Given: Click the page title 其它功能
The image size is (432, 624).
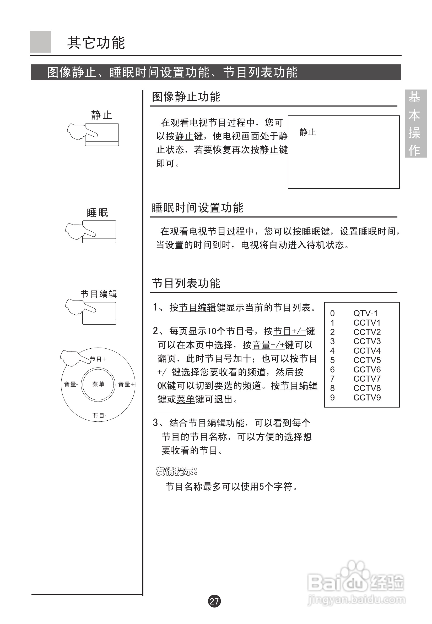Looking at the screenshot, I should pos(96,43).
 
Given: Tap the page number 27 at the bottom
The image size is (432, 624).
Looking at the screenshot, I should pos(214,601).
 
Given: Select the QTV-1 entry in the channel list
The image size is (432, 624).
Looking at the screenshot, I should pos(365,313).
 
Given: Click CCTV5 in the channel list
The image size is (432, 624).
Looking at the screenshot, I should pos(367,360).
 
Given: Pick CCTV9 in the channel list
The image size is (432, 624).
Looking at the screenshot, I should pos(367,398).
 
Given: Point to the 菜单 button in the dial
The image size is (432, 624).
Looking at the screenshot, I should pos(98,384).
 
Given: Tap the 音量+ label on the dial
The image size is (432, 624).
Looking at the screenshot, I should pos(126,384).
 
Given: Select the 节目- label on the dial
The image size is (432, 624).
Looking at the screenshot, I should pos(99,415).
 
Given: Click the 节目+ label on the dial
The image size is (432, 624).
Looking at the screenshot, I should pos(98,359).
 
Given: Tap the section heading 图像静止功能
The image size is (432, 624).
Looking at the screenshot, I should pos(186,97).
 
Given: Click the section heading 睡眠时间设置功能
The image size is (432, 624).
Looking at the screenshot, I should pos(197,208).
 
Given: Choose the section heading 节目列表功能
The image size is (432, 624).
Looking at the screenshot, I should pos(186,283).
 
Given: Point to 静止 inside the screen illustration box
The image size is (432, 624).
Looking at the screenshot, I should pos(307,132).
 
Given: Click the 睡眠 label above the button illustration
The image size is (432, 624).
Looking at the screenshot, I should pos(98,213).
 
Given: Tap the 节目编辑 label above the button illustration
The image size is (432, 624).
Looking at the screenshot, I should pos(99,294).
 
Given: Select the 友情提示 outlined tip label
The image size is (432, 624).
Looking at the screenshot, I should pos(176,471).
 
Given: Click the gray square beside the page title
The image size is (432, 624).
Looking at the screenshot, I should pos(40,42).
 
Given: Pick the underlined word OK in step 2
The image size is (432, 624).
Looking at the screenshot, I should pos(162,386).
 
